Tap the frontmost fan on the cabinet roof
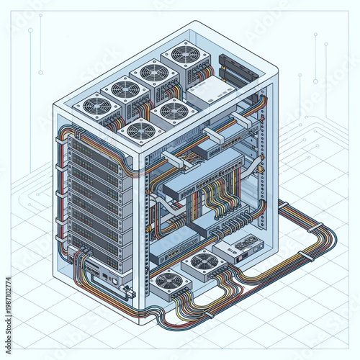coord(140,130)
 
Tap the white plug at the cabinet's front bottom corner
coord(130,292)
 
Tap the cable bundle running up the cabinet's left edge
coord(58,194)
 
